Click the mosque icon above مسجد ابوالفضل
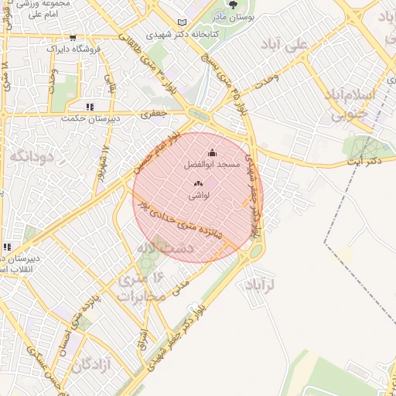pyautogui.click(x=213, y=153)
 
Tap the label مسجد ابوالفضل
pyautogui.click(x=212, y=165)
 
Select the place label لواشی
pyautogui.click(x=198, y=196)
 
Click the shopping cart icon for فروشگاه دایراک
pyautogui.click(x=73, y=37)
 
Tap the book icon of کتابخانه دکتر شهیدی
pyautogui.click(x=183, y=22)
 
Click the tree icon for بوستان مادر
pyautogui.click(x=233, y=5)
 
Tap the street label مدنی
pyautogui.click(x=183, y=285)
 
